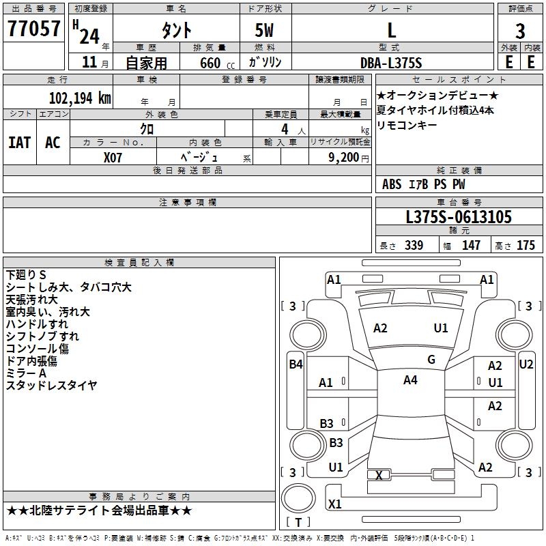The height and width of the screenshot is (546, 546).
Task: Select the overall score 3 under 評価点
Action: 520,31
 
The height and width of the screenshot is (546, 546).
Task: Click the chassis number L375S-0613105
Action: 459,218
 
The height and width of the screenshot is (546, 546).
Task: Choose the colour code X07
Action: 113,156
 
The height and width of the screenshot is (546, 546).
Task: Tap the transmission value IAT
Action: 19,143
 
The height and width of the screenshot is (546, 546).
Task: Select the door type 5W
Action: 265,31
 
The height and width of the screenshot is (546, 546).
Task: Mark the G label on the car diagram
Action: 431,360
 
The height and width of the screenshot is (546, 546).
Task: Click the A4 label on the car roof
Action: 410,380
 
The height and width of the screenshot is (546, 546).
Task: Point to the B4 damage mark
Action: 296,364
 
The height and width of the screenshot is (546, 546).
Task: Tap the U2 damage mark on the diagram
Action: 526,364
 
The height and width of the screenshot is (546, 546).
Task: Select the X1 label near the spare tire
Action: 335,504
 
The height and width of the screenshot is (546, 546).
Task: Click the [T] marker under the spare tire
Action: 298,523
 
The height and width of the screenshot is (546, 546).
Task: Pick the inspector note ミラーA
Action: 26,373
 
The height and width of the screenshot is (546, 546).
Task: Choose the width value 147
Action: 471,246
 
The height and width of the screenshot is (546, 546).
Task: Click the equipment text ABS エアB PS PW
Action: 424,184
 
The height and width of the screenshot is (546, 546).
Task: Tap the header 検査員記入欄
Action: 139,263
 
